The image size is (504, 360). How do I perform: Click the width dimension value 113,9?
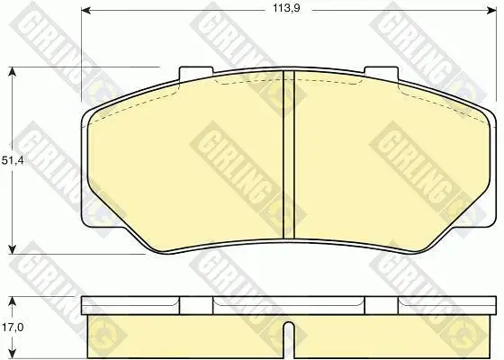coord(286,8)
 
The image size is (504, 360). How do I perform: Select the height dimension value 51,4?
coord(13,160)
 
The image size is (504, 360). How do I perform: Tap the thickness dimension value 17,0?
coord(13,328)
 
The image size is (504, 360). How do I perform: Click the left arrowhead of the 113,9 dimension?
coord(85,11)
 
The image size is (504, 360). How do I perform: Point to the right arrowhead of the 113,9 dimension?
coord(491,11)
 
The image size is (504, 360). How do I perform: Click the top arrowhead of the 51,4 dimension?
coord(12,71)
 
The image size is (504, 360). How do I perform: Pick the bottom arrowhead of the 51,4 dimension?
coord(12,249)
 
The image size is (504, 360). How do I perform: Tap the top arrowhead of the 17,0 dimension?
coord(12,301)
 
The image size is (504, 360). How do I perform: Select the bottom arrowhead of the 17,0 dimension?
coord(12,354)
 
